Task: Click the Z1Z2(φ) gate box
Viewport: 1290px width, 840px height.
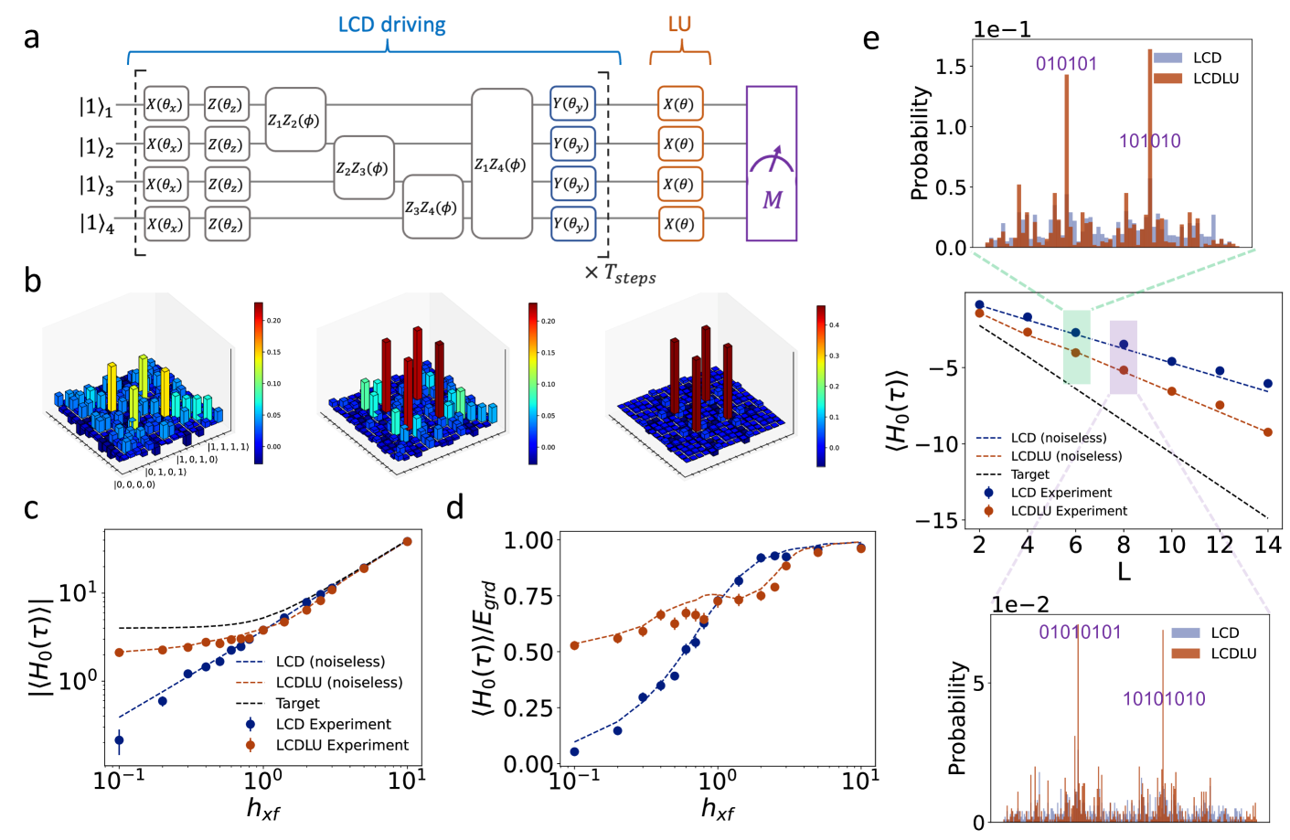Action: point(294,120)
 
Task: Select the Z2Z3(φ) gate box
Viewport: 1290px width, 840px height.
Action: point(363,168)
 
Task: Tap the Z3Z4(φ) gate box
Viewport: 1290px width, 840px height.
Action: point(432,207)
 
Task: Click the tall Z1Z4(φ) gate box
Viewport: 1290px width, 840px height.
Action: point(501,165)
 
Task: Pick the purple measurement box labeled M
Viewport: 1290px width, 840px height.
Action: point(772,165)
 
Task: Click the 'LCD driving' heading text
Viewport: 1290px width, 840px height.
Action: point(392,25)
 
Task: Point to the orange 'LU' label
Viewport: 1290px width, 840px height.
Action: point(679,25)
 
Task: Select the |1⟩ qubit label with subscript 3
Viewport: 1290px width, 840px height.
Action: point(96,186)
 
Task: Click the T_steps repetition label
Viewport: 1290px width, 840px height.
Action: point(621,273)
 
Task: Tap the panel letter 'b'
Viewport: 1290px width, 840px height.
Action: point(33,282)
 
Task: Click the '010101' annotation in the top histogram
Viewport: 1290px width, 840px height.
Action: point(1066,64)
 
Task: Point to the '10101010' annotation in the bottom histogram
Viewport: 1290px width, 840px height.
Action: point(1164,699)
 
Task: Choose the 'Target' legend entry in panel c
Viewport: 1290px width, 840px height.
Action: point(297,703)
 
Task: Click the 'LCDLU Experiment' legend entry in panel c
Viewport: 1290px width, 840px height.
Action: point(342,745)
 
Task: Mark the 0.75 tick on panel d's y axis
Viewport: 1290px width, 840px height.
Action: point(529,596)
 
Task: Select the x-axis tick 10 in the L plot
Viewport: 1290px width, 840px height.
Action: point(1171,546)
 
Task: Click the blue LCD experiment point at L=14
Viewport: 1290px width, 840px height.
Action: point(1267,384)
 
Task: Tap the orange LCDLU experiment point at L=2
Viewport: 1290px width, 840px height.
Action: point(979,314)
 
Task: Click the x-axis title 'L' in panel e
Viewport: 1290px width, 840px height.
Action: point(1124,573)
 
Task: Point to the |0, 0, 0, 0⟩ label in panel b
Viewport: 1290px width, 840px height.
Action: point(134,484)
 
